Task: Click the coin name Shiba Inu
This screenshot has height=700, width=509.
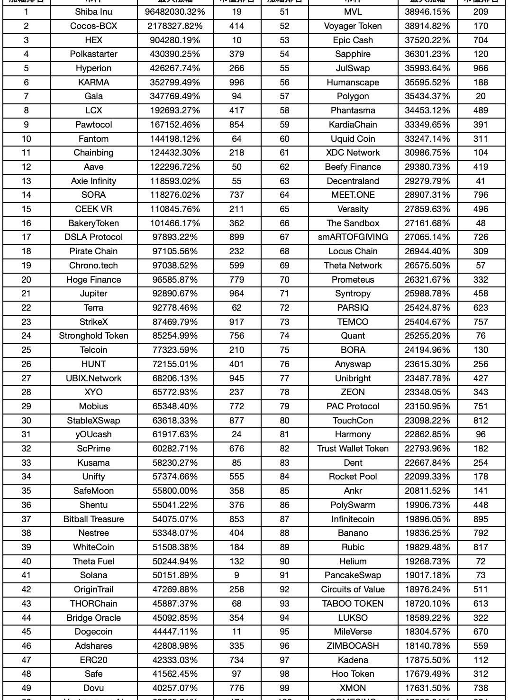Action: coord(93,12)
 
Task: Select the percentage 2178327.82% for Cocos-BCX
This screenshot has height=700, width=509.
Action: coord(175,26)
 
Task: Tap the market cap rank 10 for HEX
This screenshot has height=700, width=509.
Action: coord(236,40)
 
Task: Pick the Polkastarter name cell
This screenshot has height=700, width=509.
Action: coord(93,54)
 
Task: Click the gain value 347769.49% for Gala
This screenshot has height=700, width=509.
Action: coord(175,96)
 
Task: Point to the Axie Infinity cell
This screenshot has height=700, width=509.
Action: coord(93,181)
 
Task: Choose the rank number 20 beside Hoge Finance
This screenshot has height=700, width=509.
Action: coord(26,280)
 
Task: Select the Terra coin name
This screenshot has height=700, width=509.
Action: coord(93,308)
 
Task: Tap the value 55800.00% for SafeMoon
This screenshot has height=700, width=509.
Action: coord(175,491)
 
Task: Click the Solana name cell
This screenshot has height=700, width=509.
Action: coord(93,575)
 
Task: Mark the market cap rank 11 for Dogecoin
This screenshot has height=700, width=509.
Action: coord(236,632)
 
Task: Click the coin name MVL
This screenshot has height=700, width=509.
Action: coord(353,12)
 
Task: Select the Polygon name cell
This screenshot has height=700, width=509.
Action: coord(353,96)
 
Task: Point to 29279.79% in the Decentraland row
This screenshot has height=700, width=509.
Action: coord(427,181)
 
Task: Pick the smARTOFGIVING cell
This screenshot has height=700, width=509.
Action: coord(353,237)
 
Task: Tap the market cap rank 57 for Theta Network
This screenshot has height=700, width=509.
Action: coord(481,266)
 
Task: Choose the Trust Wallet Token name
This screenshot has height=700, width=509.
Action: coord(353,449)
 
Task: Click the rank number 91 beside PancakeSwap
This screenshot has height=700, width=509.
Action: coord(284,575)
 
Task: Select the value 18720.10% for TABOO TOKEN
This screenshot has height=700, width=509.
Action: coord(427,604)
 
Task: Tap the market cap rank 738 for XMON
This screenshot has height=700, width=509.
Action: coord(481,688)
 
